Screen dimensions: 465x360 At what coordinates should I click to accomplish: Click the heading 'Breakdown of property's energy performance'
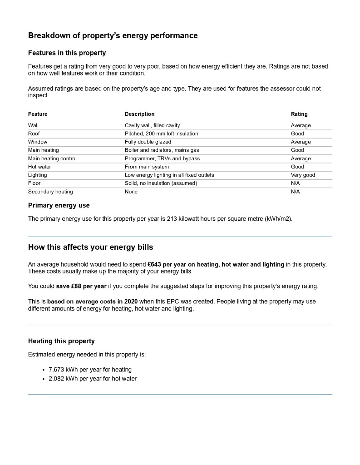113,35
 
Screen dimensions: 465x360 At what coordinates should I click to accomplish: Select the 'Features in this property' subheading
67,53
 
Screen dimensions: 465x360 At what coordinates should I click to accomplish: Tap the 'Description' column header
139,114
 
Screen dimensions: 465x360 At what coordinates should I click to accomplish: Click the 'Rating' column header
299,114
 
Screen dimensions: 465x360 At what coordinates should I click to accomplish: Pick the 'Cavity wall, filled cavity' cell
152,125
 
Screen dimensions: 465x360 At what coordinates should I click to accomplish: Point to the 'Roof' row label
34,134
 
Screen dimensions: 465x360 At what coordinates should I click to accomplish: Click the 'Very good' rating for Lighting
303,175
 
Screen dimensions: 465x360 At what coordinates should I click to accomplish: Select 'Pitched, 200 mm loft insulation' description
161,134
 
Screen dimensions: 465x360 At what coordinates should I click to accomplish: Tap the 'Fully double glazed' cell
148,142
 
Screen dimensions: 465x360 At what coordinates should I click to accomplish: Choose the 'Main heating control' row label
52,158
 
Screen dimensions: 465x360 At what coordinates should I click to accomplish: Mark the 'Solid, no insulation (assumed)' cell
161,183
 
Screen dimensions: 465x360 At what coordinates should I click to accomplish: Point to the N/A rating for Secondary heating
295,192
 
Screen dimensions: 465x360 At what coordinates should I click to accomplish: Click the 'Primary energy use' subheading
59,206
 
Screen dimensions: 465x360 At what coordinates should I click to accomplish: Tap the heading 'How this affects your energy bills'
90,247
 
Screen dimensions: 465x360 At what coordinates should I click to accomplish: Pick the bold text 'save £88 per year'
81,287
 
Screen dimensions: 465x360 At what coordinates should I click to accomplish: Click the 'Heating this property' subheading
61,341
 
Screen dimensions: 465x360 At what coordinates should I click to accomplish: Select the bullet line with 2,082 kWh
92,379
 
